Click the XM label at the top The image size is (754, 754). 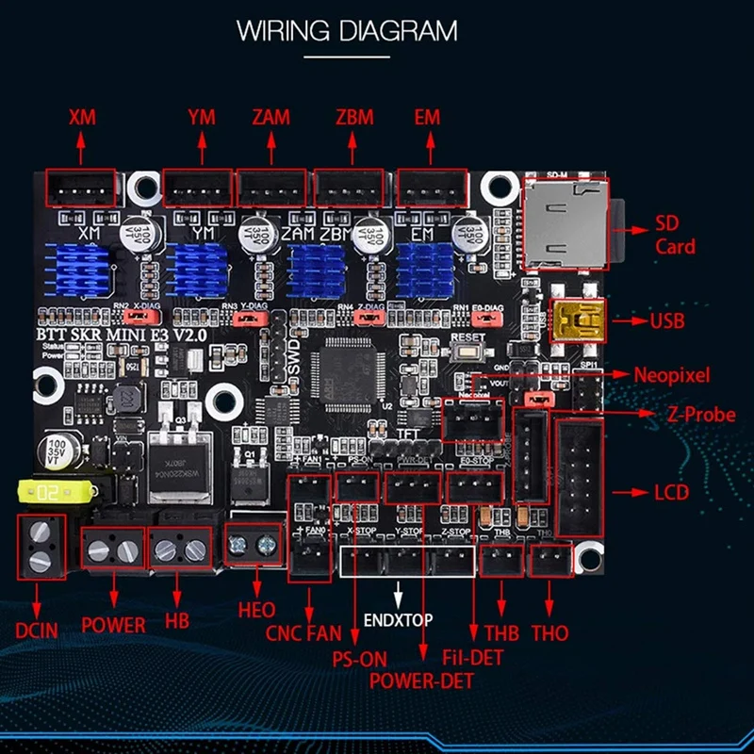83,118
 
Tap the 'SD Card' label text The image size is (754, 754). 676,237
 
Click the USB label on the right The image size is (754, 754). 667,320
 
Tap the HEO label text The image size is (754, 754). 256,611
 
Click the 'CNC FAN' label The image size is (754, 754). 303,633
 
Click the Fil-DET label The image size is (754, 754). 473,657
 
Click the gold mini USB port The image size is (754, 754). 575,320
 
